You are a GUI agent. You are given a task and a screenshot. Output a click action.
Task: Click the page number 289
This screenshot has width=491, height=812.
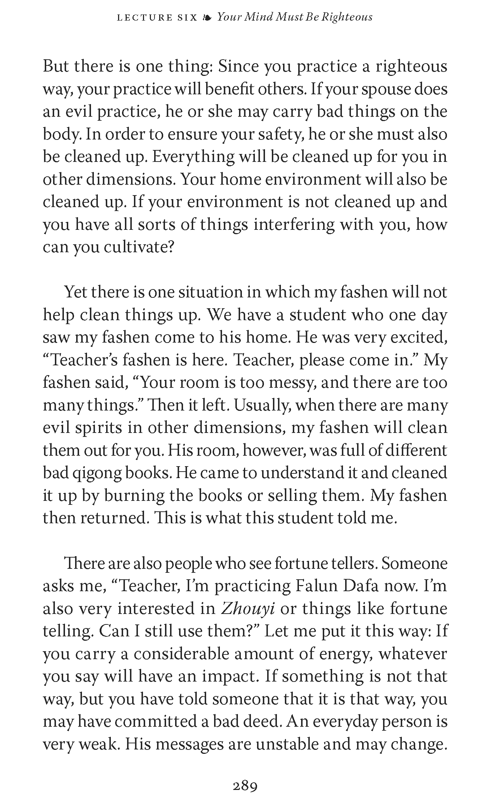pos(245,786)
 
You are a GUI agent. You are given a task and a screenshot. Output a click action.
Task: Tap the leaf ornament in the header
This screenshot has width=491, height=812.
pos(207,17)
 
